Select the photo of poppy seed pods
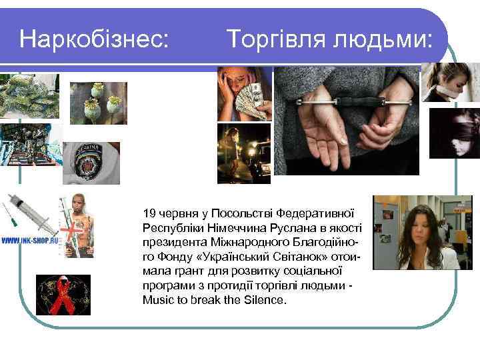point(98,103)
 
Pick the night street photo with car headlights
point(244,153)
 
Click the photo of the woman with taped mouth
point(451,81)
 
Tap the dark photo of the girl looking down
point(454,133)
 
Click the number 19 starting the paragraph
point(149,213)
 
